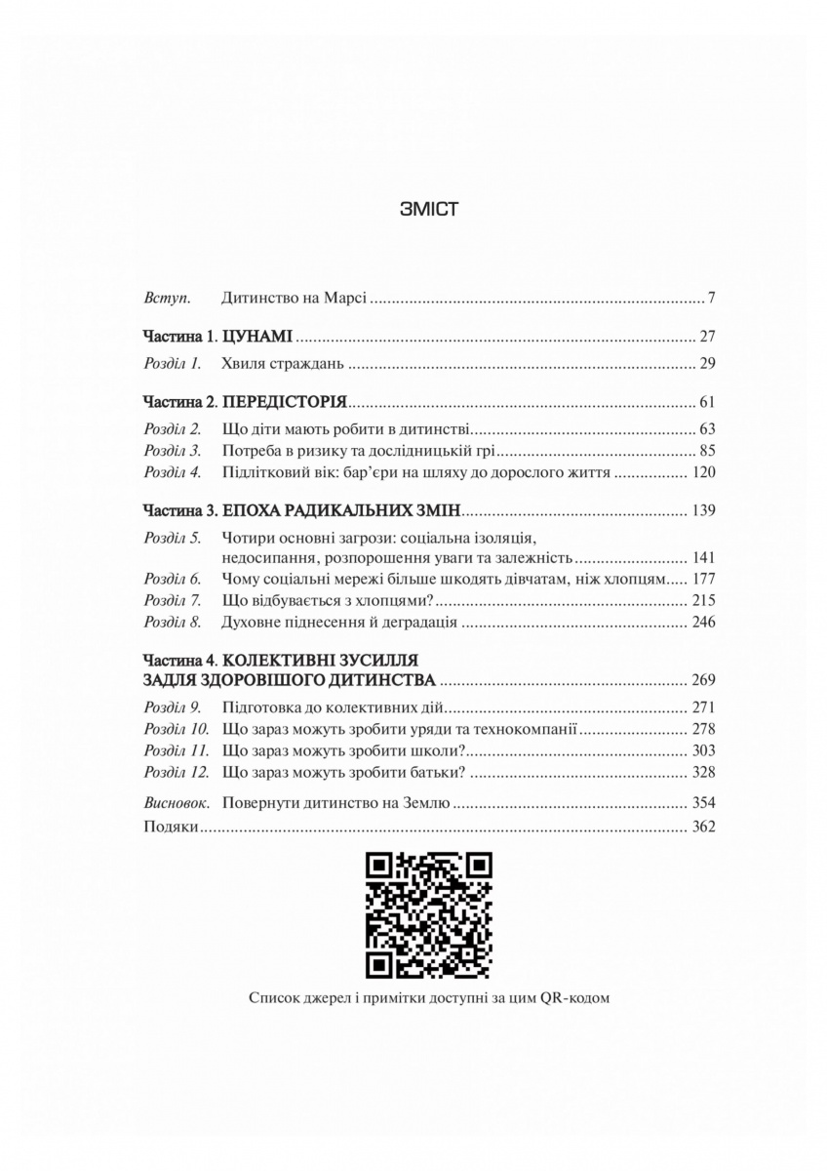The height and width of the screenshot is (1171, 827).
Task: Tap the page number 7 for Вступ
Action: tap(713, 298)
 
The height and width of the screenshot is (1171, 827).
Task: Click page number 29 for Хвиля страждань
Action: tap(708, 365)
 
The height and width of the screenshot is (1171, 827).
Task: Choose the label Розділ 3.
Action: tap(172, 452)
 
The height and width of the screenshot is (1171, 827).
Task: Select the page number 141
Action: tap(703, 560)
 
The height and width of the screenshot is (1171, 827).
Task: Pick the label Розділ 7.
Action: tap(172, 600)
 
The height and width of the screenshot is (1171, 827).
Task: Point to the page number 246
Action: tap(703, 622)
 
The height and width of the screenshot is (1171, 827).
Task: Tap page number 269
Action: tap(703, 679)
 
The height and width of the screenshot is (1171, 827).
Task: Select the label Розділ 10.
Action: tap(177, 729)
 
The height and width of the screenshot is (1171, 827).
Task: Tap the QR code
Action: tap(427, 914)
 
